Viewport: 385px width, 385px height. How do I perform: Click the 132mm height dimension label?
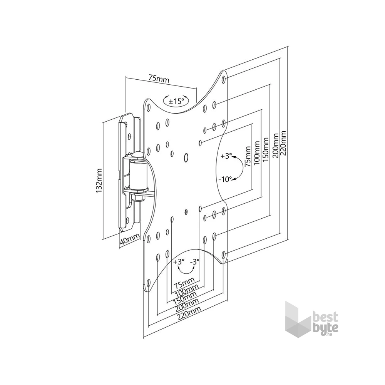(x=99, y=181)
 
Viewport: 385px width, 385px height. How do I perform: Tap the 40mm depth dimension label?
(x=129, y=240)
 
